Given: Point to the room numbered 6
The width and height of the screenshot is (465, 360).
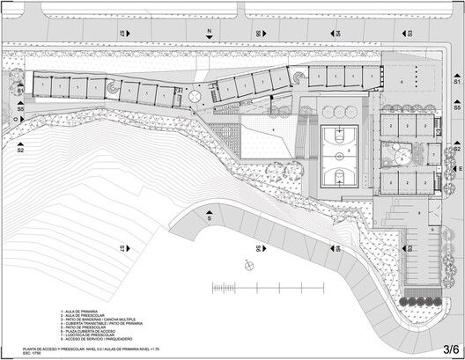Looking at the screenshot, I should click(403, 81).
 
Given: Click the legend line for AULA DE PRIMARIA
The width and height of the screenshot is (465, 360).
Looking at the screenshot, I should click(79, 312).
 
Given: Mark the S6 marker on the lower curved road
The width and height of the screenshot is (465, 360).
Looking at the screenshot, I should click(257, 249).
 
